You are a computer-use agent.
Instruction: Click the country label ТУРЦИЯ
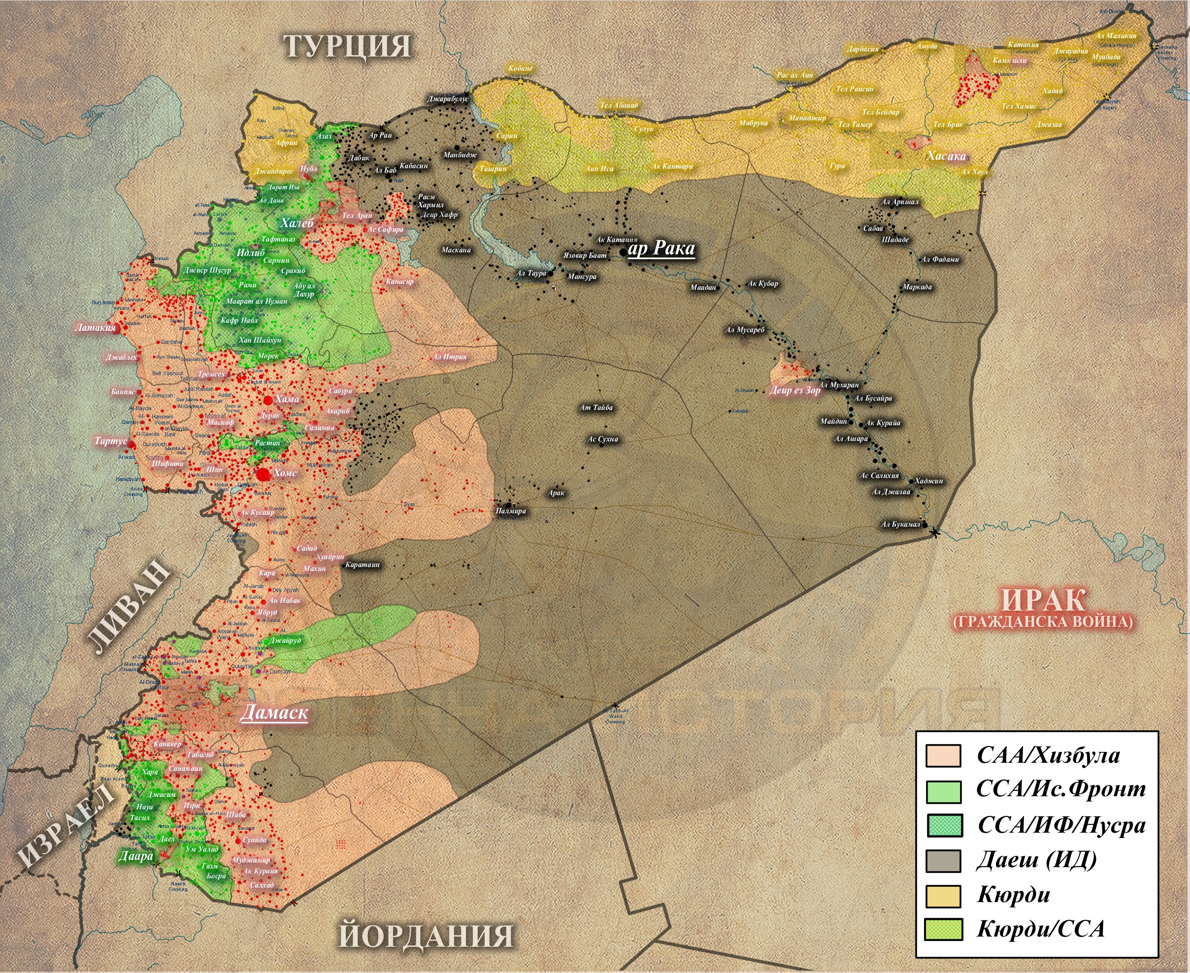pos(348,46)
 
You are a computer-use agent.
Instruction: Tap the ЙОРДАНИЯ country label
pos(426,935)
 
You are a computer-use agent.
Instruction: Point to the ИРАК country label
pos(1043,600)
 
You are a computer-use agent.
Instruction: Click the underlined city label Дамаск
pos(273,713)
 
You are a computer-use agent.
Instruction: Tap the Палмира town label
pos(511,511)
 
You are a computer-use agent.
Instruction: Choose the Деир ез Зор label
pos(794,390)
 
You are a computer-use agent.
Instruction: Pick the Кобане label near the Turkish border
pos(520,68)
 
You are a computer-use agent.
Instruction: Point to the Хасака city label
pos(946,156)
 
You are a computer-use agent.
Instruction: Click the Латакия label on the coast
pos(95,327)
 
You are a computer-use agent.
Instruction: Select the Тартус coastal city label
pos(110,441)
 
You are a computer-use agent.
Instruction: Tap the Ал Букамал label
pos(901,524)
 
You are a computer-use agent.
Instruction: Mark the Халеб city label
pos(297,223)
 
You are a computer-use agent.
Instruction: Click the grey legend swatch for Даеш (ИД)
pos(943,861)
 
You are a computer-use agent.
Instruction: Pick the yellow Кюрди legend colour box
pos(943,896)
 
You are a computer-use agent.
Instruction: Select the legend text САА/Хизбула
pos(1048,755)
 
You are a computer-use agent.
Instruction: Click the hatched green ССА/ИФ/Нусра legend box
pos(943,826)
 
